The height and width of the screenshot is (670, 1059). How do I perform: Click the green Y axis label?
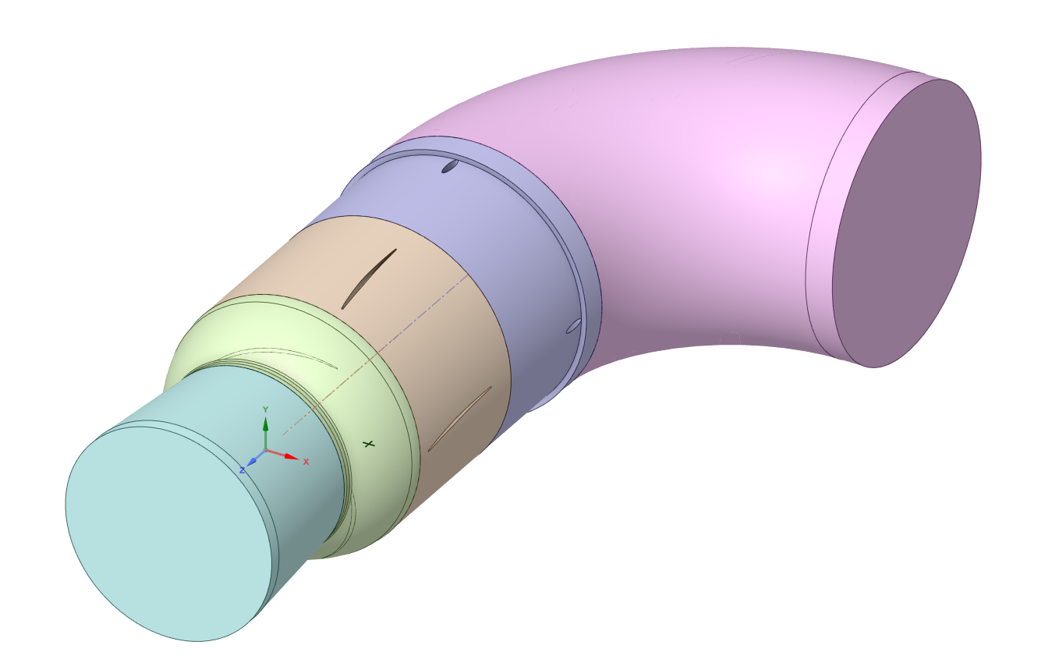(x=266, y=409)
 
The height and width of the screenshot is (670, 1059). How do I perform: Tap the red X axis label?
(x=306, y=462)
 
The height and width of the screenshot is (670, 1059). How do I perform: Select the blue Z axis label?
(x=242, y=470)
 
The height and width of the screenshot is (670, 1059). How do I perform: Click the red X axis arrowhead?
(x=292, y=457)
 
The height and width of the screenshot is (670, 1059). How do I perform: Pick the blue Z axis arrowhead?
(x=252, y=461)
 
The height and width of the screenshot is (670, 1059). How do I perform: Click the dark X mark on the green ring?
(x=368, y=444)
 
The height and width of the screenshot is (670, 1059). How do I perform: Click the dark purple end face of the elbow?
(x=907, y=223)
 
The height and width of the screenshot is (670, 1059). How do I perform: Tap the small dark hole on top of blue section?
(x=450, y=166)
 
